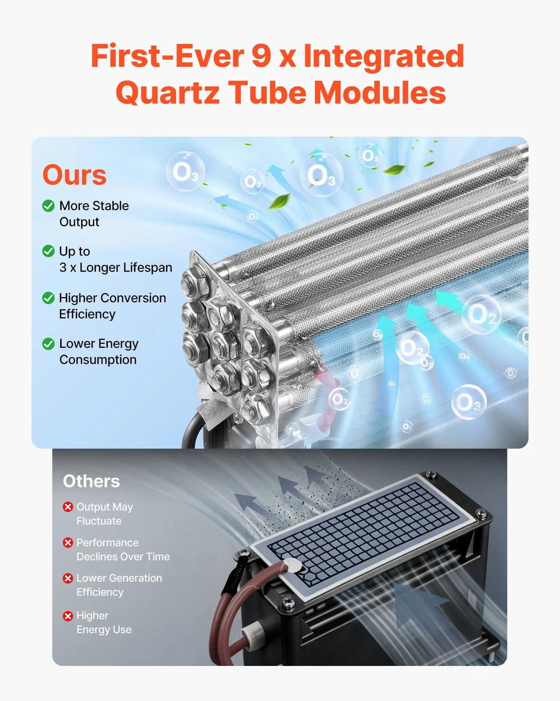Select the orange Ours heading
(x=75, y=175)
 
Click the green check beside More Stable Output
(x=49, y=206)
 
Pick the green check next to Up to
(x=49, y=251)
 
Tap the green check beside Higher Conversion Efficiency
(x=49, y=298)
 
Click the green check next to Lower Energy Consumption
(x=49, y=343)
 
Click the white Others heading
(x=91, y=481)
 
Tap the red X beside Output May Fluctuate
(x=68, y=507)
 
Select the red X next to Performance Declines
(x=68, y=543)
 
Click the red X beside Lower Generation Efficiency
(x=68, y=578)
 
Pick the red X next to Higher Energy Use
(x=68, y=616)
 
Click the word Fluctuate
(x=99, y=521)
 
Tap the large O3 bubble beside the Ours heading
(x=185, y=172)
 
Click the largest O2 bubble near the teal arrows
(x=482, y=315)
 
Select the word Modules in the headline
(x=380, y=92)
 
